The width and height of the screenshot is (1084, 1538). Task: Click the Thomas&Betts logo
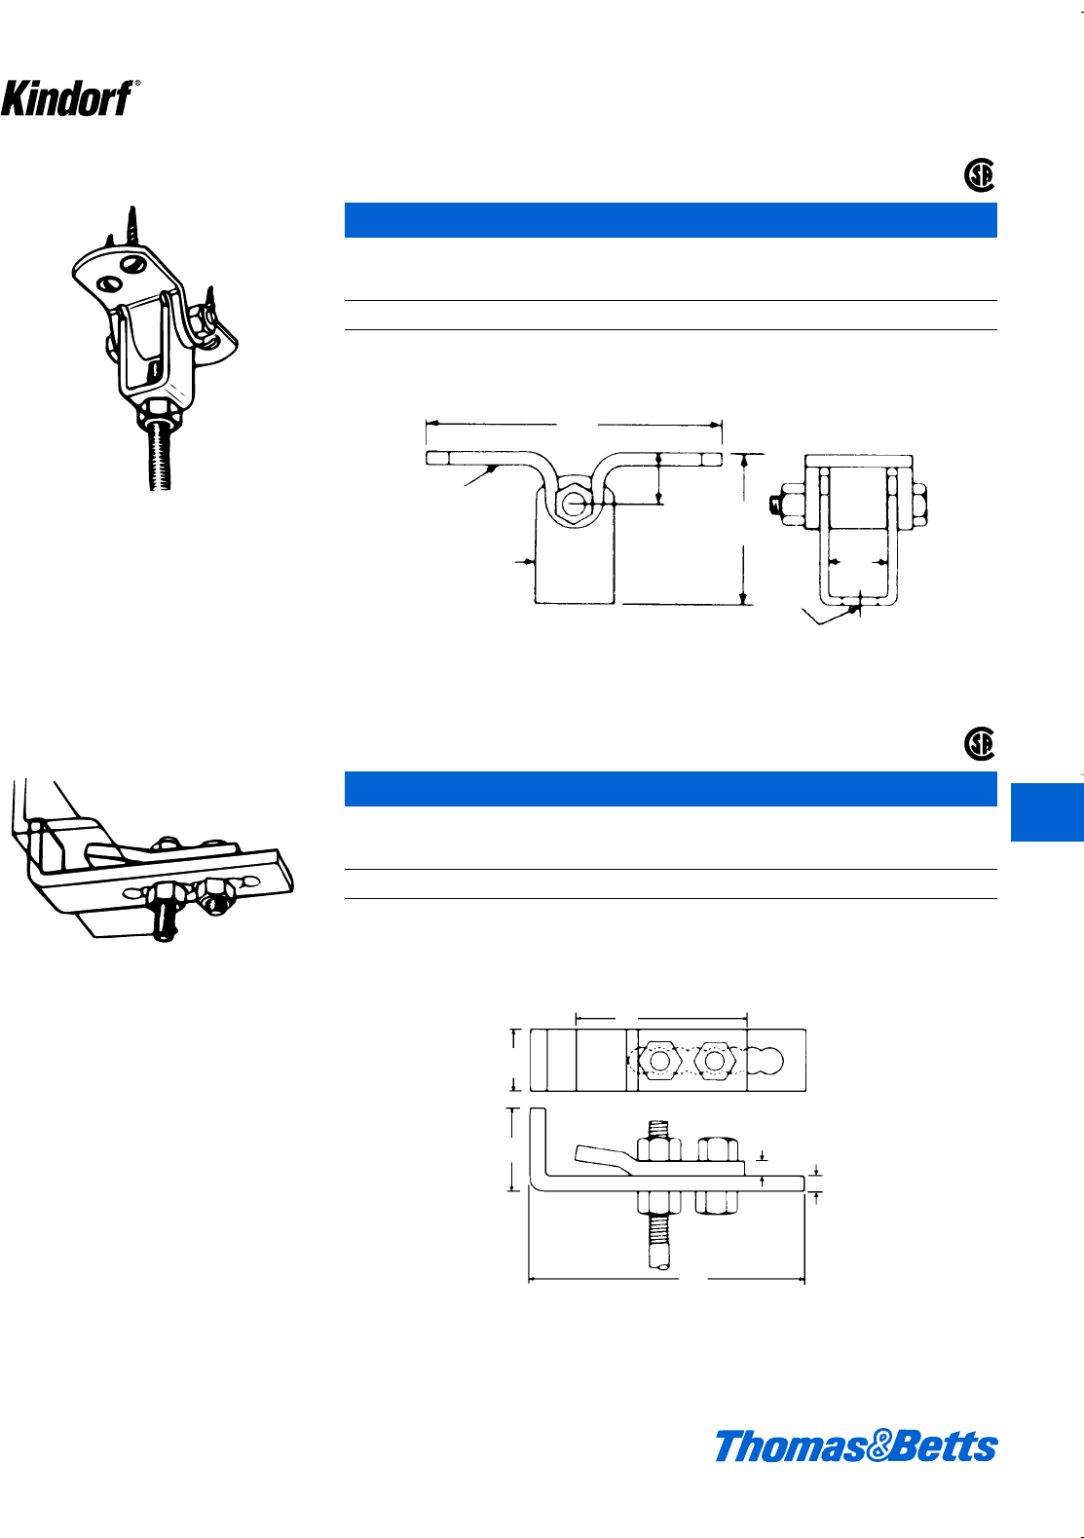[856, 1446]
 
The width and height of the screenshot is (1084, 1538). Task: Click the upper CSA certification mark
[979, 175]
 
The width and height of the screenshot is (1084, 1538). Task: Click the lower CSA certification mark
[979, 744]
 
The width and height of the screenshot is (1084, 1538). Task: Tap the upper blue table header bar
[670, 220]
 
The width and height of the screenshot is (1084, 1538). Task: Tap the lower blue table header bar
[670, 789]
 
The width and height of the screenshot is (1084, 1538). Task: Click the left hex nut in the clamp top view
[659, 1060]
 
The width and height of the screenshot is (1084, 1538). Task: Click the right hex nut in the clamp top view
[716, 1060]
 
